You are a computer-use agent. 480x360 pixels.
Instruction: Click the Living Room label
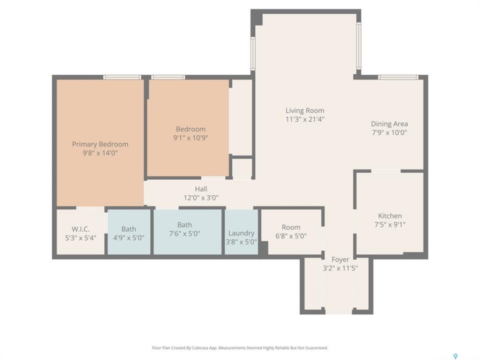tap(304, 110)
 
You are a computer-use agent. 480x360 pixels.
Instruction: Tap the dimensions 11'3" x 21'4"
tap(304, 119)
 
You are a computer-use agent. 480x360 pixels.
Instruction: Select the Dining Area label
tap(389, 124)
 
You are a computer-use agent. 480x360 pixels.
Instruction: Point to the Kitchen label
tap(390, 216)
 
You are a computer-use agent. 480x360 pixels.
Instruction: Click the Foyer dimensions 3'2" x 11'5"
tap(340, 268)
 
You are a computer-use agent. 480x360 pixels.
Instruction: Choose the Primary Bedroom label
tap(100, 144)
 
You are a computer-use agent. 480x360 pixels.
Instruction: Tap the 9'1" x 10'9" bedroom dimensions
tap(190, 138)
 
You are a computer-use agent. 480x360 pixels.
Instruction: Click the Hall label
tap(201, 189)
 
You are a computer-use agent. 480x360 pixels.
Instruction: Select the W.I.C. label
tap(81, 229)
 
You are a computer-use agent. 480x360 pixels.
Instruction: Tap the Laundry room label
tap(241, 233)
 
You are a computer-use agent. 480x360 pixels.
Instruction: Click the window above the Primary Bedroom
tap(122, 77)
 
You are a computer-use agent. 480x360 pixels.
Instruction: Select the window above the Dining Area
tap(398, 77)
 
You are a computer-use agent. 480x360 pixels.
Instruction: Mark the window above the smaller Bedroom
tap(168, 77)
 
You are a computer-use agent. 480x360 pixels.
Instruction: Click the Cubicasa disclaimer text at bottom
tap(240, 348)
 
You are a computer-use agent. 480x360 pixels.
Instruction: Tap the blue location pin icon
tap(455, 356)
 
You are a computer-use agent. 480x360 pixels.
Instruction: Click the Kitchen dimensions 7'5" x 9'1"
tap(390, 224)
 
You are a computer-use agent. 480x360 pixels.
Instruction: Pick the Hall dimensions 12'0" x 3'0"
tap(201, 198)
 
